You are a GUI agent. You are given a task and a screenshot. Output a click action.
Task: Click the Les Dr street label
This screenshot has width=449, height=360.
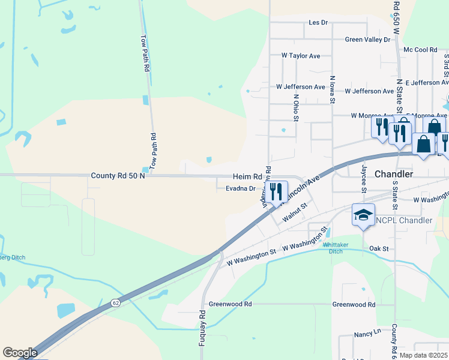[x=318, y=22]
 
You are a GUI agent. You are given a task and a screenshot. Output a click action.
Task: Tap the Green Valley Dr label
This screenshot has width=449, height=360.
[x=367, y=40]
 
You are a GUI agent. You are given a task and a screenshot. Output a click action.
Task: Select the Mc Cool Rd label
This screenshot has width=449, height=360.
[x=420, y=50]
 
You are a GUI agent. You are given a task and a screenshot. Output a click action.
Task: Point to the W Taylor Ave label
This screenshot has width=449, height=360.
[x=301, y=55]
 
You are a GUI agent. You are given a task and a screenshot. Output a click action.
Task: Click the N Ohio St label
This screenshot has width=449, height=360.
[x=296, y=107]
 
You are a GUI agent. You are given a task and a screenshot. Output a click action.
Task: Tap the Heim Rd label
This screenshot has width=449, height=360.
[x=248, y=177]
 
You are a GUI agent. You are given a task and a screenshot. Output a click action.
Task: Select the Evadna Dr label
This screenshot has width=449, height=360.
[x=241, y=188]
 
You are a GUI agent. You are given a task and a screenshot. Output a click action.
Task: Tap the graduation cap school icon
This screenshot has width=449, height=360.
[x=363, y=215]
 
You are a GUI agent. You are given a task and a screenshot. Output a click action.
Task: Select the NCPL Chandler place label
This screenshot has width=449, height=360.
[x=404, y=220]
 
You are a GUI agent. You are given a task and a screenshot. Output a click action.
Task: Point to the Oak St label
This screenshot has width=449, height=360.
[x=379, y=248]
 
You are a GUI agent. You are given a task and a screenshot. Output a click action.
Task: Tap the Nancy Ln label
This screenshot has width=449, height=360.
[x=368, y=331]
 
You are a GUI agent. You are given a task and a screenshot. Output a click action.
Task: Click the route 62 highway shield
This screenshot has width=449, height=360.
[x=115, y=304]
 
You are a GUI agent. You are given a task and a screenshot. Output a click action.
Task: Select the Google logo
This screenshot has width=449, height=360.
[x=20, y=353]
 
